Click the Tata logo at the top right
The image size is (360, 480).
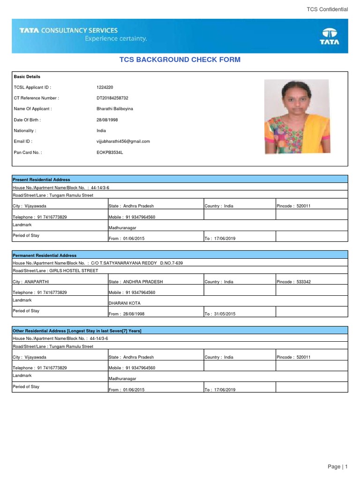[x=330, y=36]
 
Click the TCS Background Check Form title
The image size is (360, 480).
[x=180, y=60]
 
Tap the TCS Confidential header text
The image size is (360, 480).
[x=327, y=9]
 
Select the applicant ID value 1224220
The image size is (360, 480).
[x=105, y=87]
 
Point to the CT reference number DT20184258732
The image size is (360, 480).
[x=112, y=98]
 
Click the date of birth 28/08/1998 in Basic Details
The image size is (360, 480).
[x=107, y=120]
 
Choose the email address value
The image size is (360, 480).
[x=123, y=141]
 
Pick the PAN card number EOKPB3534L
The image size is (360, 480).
[x=109, y=152]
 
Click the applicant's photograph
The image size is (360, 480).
[x=297, y=116]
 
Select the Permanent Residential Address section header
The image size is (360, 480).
[x=45, y=255]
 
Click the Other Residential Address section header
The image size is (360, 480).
[x=77, y=331]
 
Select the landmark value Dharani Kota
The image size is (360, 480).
[x=125, y=303]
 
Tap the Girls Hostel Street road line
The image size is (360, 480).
[x=55, y=270]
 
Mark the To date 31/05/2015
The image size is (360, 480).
[x=220, y=314]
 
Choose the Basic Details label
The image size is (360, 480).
[x=27, y=76]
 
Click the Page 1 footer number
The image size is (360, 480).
[x=338, y=466]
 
